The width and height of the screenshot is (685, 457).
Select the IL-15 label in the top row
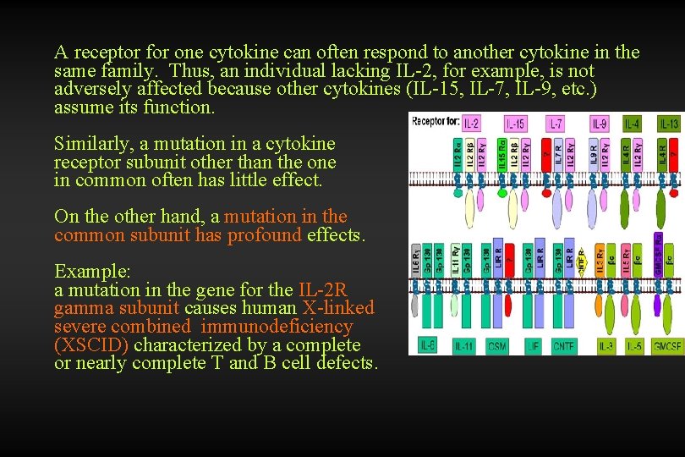point(514,124)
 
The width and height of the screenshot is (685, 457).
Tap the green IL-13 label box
point(669,124)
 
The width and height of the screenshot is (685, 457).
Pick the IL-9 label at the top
point(600,124)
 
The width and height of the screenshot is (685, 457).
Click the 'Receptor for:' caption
point(436,122)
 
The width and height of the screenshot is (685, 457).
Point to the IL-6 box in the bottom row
point(428,345)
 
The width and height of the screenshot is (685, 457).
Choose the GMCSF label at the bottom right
point(668,345)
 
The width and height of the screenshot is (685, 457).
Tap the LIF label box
point(533,345)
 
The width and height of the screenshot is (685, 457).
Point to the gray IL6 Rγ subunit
point(416,260)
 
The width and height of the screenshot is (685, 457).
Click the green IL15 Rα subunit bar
point(502,155)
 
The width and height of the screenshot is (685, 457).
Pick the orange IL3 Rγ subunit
point(601,259)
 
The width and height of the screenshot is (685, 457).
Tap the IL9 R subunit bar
point(594,155)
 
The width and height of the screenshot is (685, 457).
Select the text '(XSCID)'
point(91,345)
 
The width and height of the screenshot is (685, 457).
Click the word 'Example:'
point(92,271)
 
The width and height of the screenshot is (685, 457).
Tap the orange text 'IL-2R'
point(323,289)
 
